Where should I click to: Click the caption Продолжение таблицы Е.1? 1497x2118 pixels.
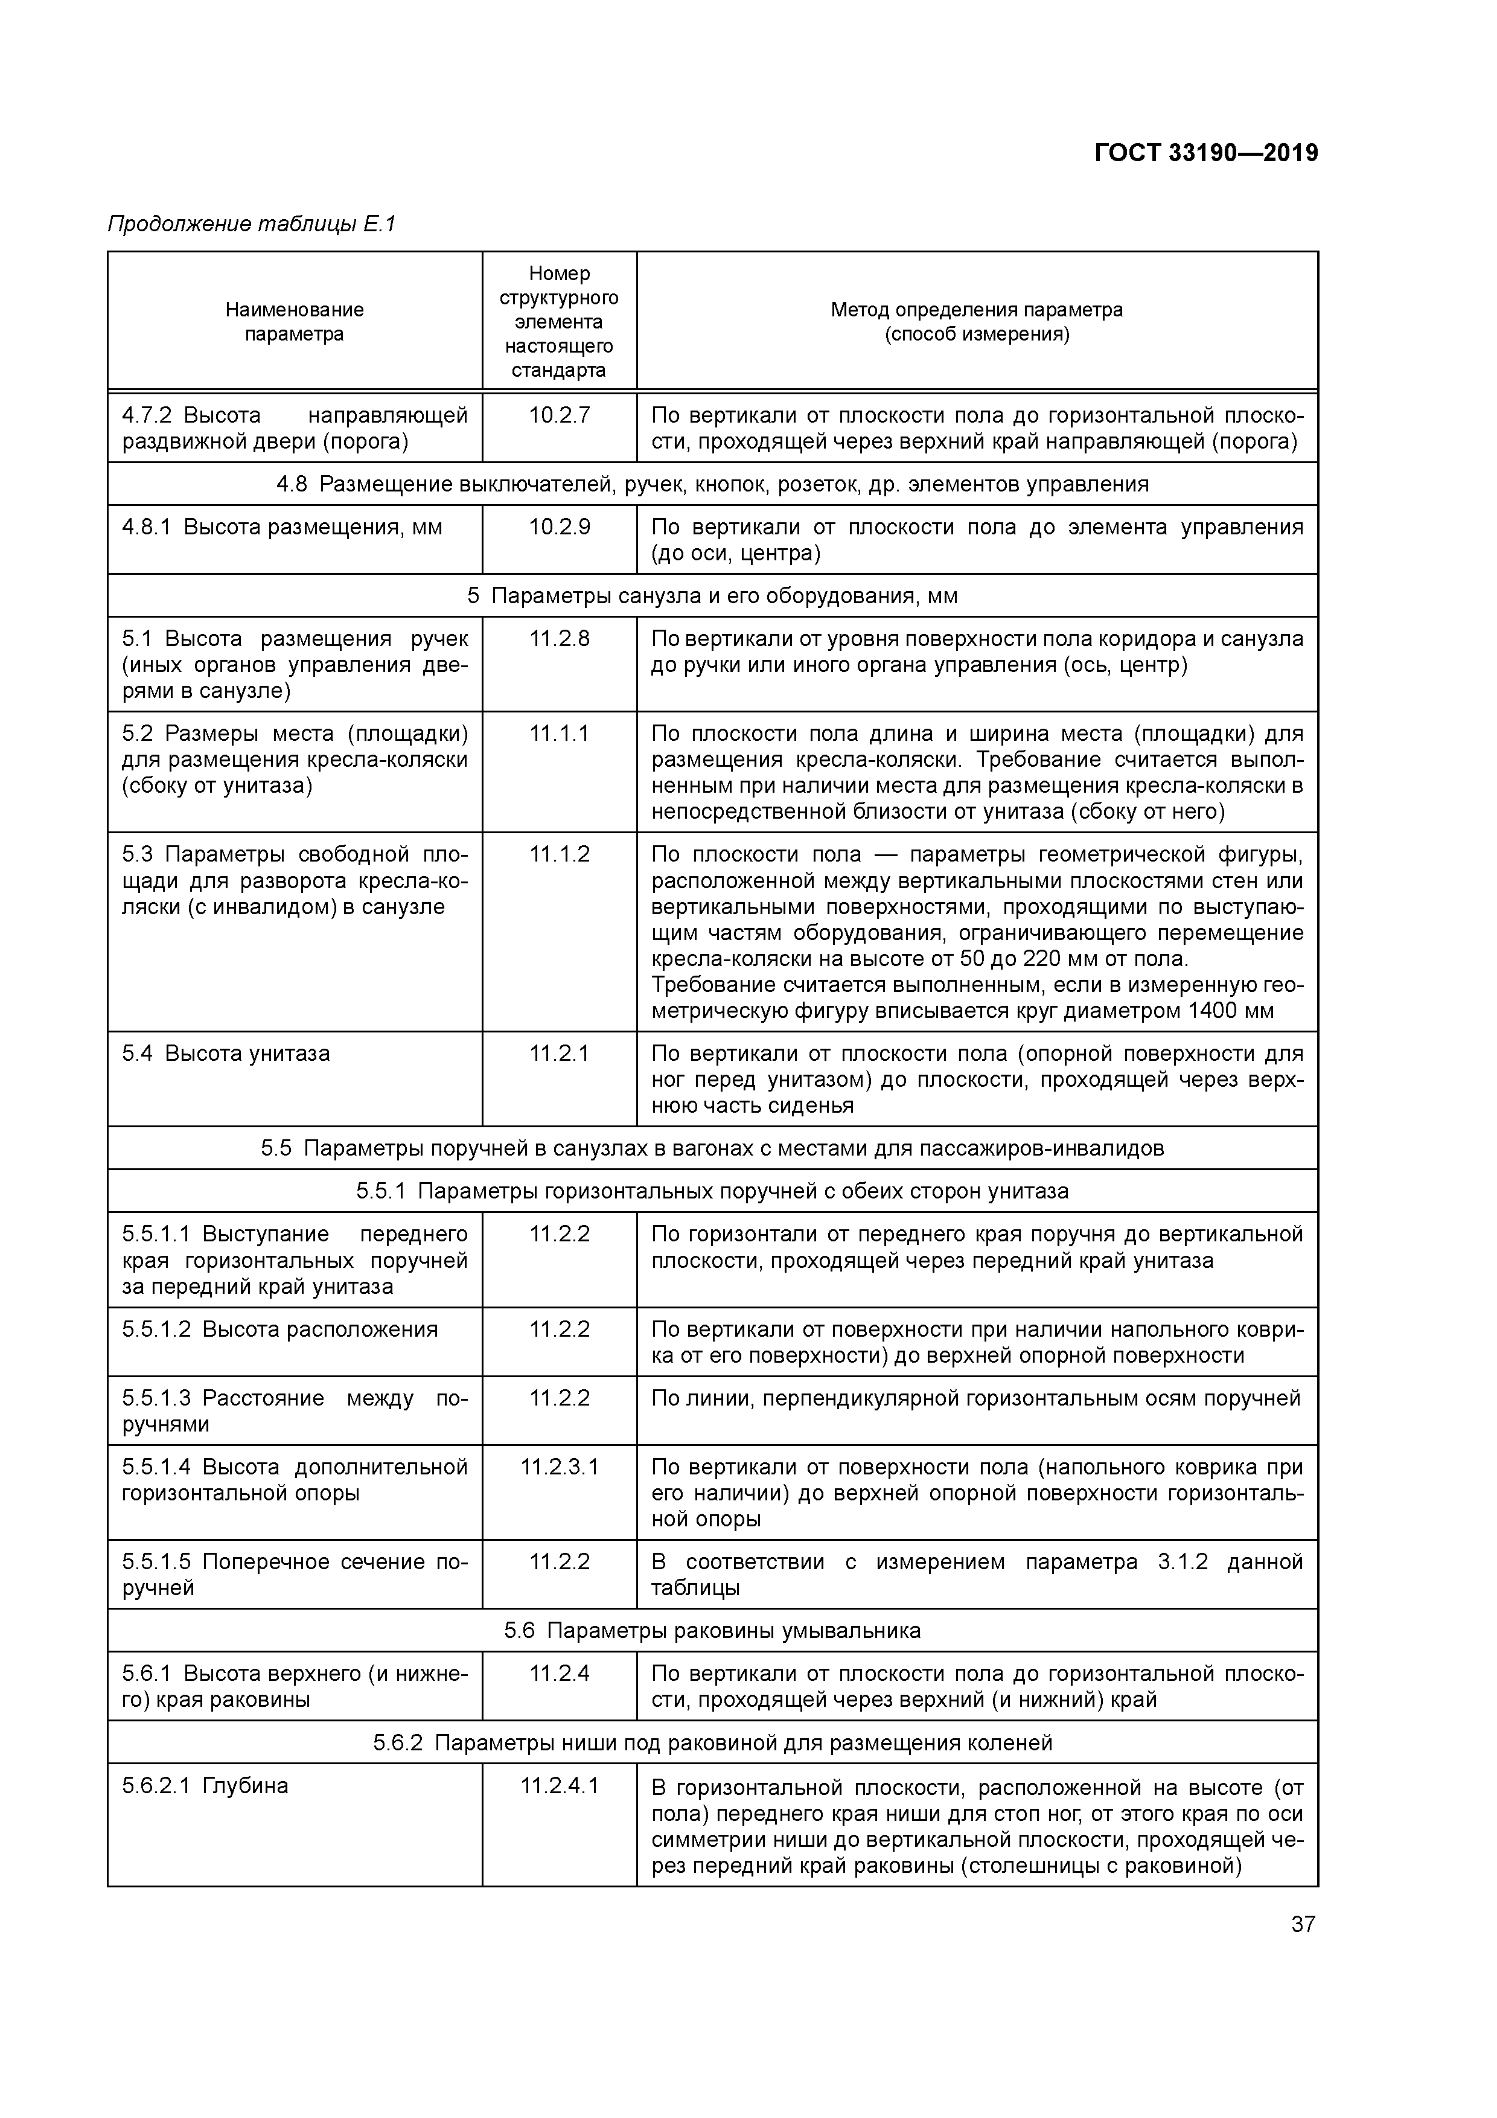[x=252, y=224]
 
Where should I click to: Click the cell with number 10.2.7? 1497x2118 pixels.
[x=559, y=416]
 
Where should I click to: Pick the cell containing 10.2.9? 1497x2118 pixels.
[x=559, y=528]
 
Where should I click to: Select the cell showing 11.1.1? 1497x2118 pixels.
[x=559, y=734]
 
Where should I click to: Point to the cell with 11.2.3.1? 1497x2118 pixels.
[x=559, y=1467]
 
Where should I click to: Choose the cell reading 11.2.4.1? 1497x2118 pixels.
[x=559, y=1786]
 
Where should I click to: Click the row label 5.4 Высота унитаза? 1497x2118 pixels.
[x=226, y=1054]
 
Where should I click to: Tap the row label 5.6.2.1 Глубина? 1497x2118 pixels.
[x=205, y=1786]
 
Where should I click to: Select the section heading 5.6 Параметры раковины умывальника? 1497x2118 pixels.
[x=712, y=1631]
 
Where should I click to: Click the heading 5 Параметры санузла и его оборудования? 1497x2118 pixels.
[x=712, y=596]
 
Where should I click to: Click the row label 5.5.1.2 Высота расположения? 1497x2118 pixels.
[x=279, y=1329]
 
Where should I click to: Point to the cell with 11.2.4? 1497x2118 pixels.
[x=559, y=1674]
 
